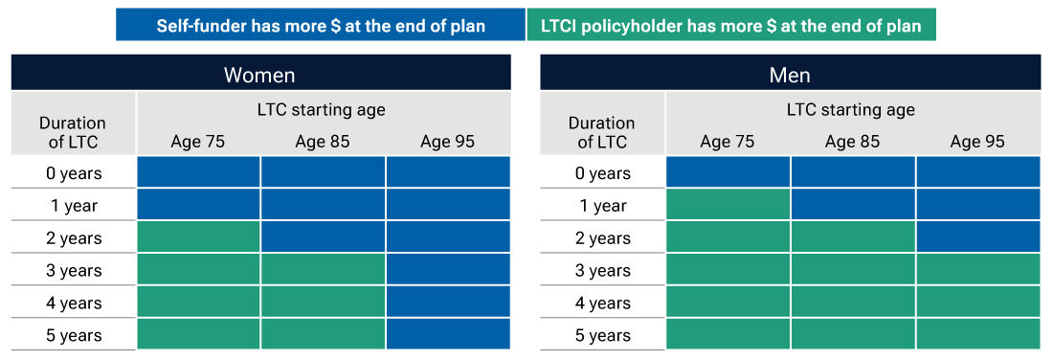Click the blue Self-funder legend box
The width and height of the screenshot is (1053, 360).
(321, 25)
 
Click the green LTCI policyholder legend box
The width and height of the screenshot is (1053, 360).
(730, 25)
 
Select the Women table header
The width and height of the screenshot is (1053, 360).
(260, 75)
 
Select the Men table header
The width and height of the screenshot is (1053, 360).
(790, 75)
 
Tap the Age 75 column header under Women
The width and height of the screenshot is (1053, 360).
(198, 142)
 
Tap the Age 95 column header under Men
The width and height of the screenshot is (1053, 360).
(977, 142)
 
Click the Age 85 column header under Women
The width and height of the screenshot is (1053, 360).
(323, 142)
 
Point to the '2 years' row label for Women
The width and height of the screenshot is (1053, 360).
(74, 238)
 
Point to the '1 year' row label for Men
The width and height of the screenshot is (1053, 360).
(603, 206)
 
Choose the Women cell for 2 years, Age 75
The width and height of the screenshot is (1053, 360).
(198, 237)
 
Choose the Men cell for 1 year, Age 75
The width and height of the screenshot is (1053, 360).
(728, 205)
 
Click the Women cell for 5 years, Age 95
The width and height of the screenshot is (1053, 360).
(448, 334)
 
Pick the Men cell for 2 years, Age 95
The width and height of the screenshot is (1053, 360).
(977, 237)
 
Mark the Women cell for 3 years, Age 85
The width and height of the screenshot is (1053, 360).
(323, 270)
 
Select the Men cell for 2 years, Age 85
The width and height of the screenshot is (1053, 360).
(853, 237)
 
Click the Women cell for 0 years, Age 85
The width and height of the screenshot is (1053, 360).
(323, 172)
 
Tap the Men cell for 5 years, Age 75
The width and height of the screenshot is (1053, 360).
(728, 334)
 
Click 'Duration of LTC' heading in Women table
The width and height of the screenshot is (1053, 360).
(74, 132)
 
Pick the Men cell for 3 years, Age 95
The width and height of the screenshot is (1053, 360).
(977, 270)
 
